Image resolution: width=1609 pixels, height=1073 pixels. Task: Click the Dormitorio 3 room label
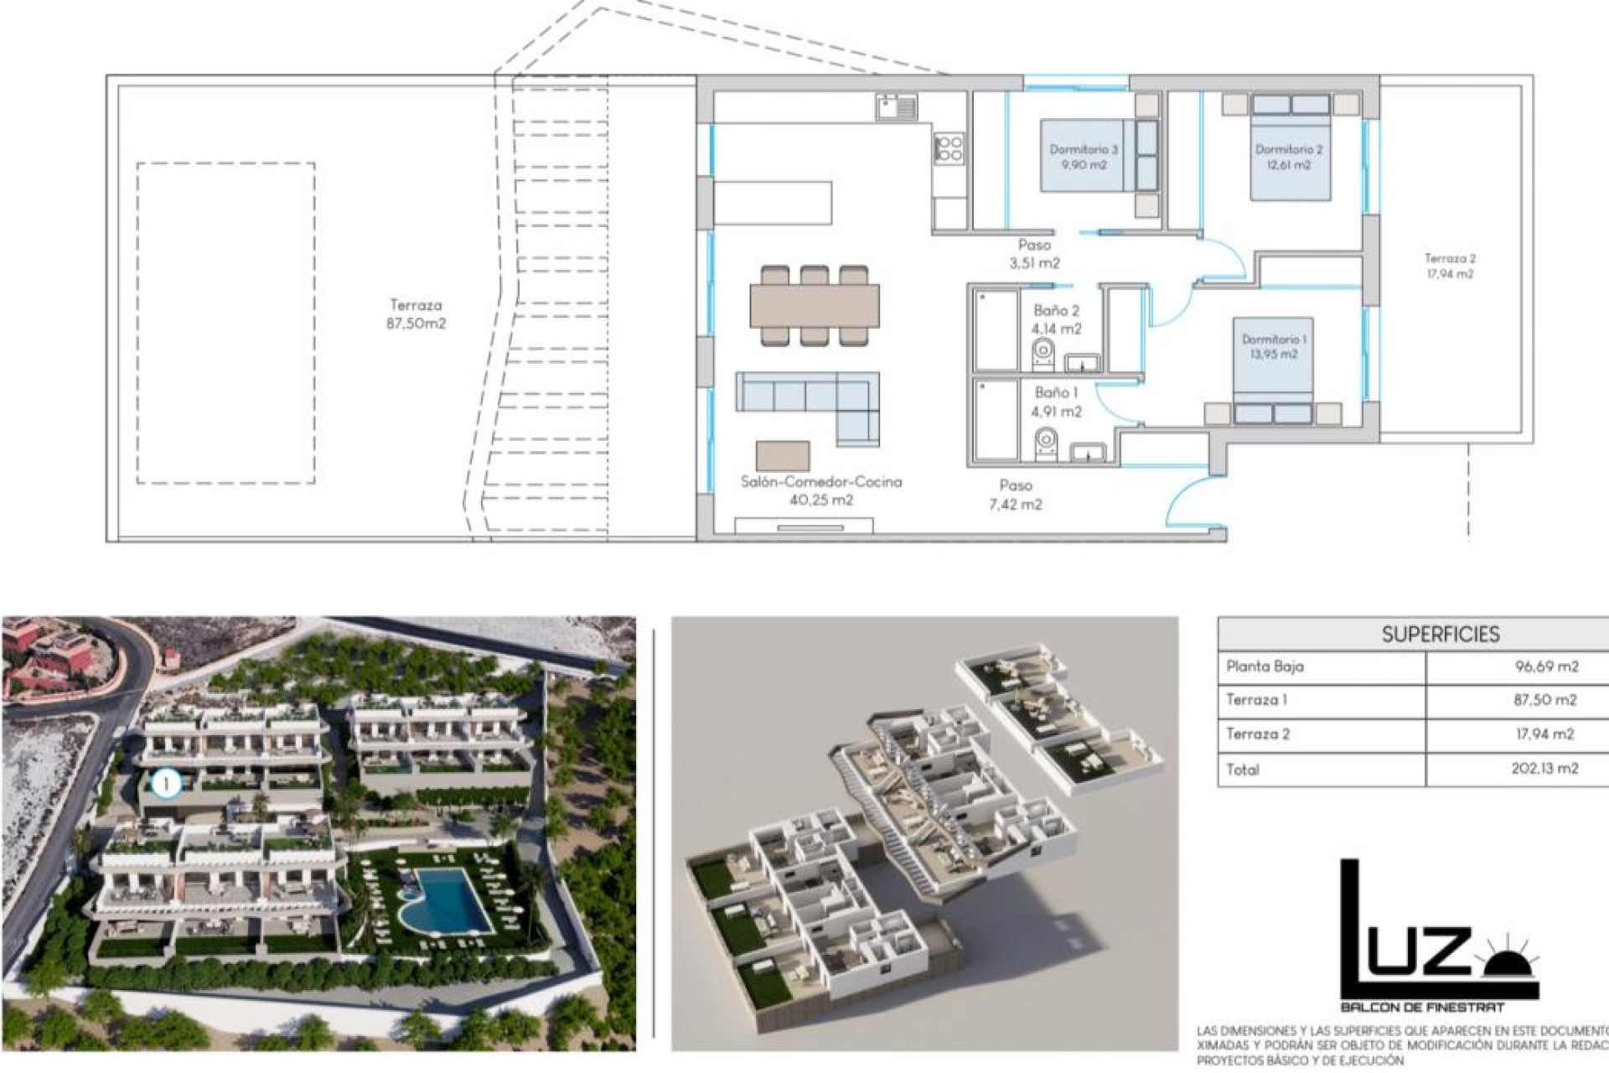tap(1084, 157)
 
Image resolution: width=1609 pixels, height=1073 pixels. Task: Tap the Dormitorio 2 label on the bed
tap(1289, 157)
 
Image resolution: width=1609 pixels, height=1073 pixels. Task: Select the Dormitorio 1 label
tap(1274, 346)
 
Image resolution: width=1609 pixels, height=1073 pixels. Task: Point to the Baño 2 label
tap(1056, 319)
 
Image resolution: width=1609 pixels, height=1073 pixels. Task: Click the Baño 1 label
tap(1056, 402)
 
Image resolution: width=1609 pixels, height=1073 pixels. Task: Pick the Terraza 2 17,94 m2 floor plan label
tap(1450, 266)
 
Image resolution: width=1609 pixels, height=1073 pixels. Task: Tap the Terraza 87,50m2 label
tap(416, 314)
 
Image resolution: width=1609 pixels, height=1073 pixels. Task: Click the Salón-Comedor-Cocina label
tap(821, 490)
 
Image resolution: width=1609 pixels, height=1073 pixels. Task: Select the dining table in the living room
tap(814, 306)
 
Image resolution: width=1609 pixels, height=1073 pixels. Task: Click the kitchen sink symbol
tap(896, 106)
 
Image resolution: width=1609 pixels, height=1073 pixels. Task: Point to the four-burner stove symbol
tap(949, 148)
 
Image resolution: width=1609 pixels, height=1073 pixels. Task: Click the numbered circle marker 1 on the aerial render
tap(167, 784)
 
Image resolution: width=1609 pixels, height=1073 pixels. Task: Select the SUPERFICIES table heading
tap(1441, 635)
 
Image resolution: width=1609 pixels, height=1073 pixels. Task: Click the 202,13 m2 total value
tap(1544, 769)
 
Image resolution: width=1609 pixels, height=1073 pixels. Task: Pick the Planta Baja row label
tap(1265, 667)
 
